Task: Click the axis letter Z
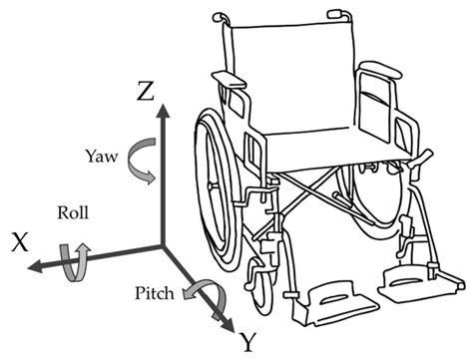coord(146,93)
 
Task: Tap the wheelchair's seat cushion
coord(310,146)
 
